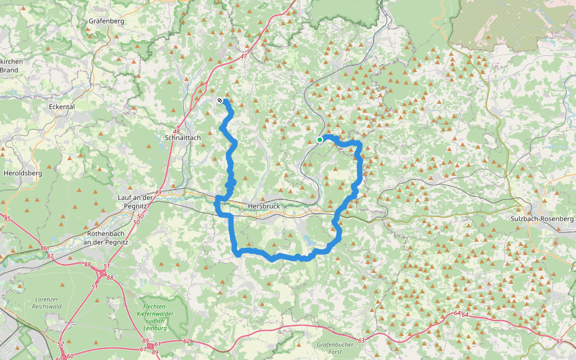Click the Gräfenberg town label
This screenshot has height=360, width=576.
coord(106,21)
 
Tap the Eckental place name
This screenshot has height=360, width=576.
coord(61,107)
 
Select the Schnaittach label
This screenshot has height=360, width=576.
coord(182,137)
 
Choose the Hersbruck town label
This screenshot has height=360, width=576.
coord(263,206)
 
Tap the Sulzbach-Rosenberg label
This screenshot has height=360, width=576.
coord(541,219)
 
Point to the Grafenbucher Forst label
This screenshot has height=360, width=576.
coord(334,349)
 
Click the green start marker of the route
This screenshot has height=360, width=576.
coord(320,140)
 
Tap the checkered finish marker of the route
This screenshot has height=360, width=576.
coord(220,100)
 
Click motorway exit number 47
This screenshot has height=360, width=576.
coord(243,56)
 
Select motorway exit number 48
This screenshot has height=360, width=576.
coord(176,131)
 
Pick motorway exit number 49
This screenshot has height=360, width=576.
coord(158,192)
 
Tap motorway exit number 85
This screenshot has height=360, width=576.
coord(7,218)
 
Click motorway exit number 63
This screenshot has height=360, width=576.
coord(361,341)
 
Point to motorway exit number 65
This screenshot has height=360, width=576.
coord(559,341)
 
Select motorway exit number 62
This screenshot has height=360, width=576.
coord(187,341)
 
